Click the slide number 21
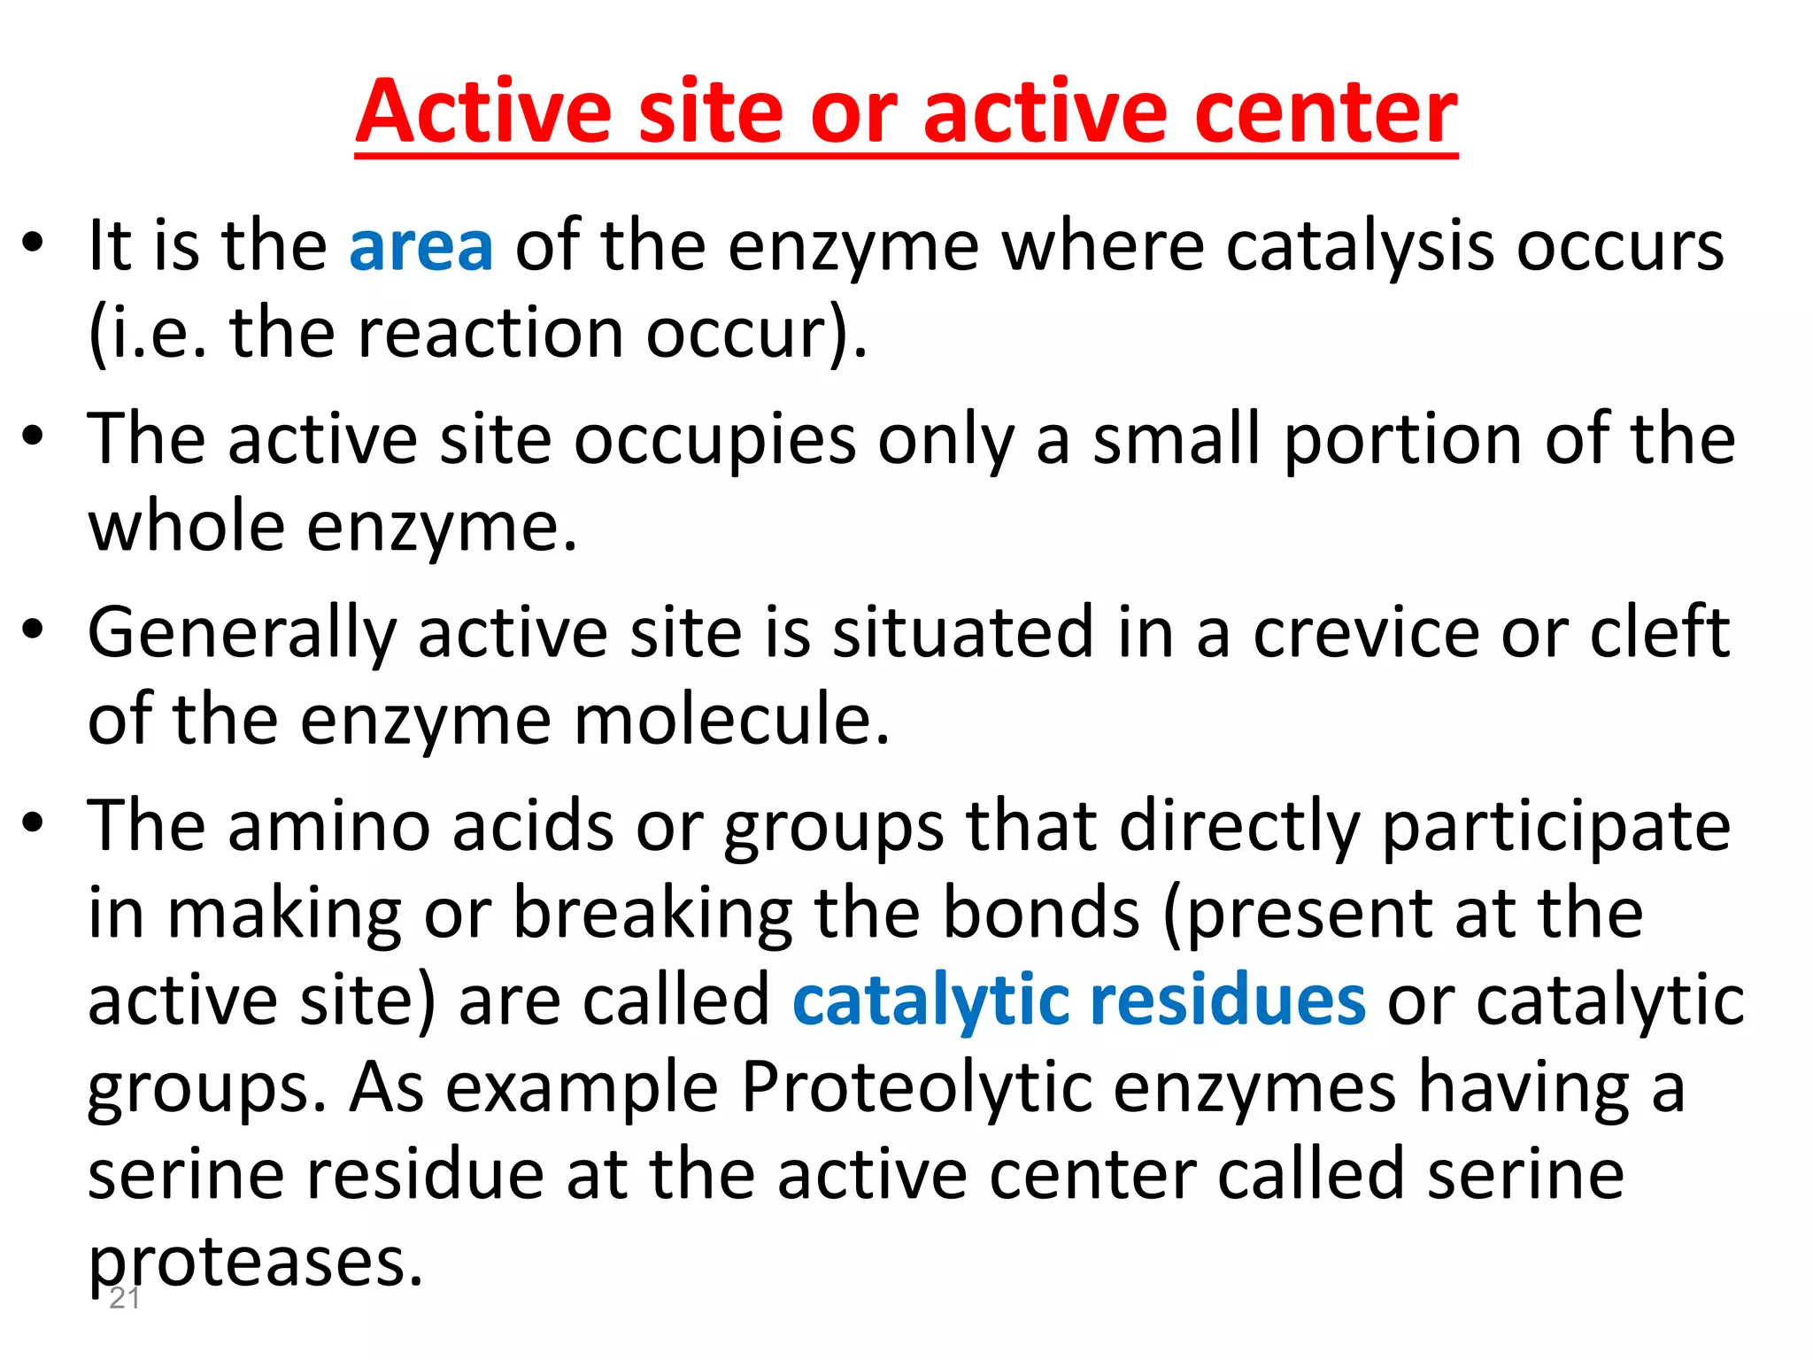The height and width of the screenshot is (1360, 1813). (124, 1299)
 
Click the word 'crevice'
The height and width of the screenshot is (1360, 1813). (1365, 632)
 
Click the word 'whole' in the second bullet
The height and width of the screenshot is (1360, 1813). (186, 527)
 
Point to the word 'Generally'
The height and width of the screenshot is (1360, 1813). (242, 634)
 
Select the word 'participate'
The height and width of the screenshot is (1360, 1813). (1555, 827)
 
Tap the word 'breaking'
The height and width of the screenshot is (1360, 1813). (652, 914)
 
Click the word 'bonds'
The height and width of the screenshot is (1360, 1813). (1041, 914)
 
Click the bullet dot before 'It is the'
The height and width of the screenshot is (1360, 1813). (33, 243)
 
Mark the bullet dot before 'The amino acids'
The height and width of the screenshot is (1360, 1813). (33, 823)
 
